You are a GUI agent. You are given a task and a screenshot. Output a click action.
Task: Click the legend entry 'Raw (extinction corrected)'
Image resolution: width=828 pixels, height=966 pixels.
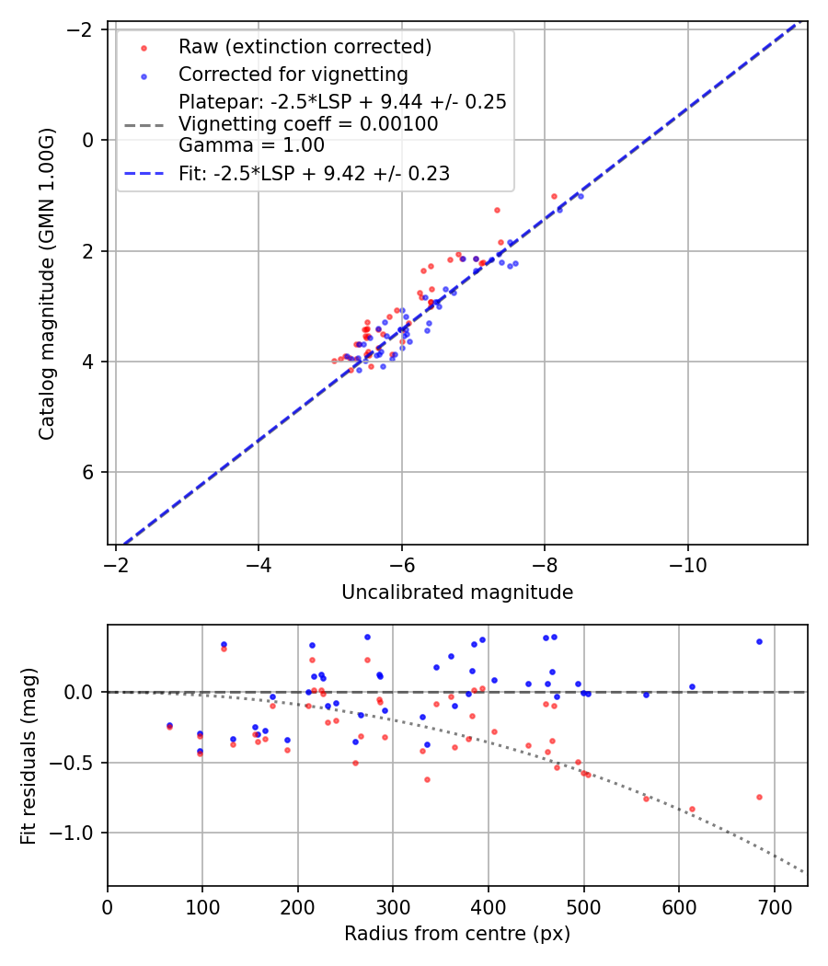tap(305, 47)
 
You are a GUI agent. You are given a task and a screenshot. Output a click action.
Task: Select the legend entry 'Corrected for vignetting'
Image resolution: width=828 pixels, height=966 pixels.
tap(293, 74)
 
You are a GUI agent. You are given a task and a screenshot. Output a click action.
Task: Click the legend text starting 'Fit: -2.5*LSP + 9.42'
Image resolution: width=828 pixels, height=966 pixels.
tap(314, 174)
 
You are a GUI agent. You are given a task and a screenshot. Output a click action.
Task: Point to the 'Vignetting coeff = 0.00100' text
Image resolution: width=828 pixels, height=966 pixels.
tap(308, 124)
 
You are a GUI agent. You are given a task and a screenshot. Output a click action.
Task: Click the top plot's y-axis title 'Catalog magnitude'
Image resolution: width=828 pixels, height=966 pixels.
tap(48, 283)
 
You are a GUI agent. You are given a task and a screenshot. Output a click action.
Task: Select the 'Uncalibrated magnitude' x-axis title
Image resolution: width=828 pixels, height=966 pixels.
tap(457, 592)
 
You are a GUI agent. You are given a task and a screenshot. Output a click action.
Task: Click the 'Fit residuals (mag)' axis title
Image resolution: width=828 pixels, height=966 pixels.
tap(29, 755)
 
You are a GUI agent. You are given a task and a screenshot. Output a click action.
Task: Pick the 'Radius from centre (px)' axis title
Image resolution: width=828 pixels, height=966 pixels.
tap(457, 934)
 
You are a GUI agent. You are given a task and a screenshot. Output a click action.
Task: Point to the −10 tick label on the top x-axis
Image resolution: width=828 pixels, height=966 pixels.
tap(687, 564)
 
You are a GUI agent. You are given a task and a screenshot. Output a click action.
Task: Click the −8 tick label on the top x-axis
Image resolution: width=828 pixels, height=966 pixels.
tap(545, 564)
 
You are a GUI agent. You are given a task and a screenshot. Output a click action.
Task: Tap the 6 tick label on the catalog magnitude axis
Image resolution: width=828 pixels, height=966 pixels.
tap(89, 472)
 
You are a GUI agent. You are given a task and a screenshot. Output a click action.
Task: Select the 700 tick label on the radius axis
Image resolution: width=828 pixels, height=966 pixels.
tap(774, 906)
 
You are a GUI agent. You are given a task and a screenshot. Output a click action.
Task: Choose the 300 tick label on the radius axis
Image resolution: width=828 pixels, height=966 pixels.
tap(393, 906)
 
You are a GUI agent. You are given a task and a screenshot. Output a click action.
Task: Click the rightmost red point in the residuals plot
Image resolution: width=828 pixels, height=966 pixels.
tap(759, 797)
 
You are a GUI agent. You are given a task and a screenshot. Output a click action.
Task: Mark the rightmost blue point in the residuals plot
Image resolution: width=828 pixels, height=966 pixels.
tap(759, 641)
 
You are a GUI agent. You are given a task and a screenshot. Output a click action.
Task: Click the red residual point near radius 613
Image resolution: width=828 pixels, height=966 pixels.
tap(692, 809)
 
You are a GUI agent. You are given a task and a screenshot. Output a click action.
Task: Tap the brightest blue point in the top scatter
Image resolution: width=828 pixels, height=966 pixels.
tap(580, 196)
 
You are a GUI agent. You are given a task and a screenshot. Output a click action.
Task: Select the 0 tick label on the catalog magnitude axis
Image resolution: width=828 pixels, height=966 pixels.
tap(89, 140)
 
